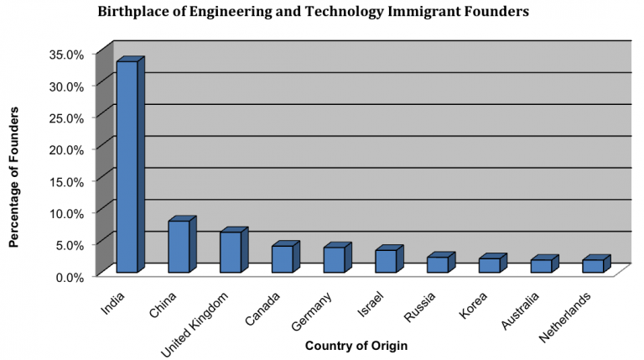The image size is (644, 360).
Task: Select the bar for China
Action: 182,244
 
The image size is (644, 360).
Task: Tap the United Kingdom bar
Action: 234,250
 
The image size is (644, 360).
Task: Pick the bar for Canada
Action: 286,257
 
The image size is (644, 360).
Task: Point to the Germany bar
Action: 338,258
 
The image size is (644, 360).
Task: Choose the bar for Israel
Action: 389,259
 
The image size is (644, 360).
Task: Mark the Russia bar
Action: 441,262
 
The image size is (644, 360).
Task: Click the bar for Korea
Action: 493,263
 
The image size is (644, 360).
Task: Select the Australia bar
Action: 544,263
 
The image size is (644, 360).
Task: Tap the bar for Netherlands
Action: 596,263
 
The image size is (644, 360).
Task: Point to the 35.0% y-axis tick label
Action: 66,55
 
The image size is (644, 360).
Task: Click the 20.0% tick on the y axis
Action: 66,150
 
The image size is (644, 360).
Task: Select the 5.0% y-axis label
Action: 70,245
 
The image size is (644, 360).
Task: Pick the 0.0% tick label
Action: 70,278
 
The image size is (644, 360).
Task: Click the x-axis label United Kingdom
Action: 195,325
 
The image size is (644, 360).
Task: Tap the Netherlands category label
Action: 565,317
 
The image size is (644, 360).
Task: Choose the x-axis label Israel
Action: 371,305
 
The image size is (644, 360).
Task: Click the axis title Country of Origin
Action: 356,346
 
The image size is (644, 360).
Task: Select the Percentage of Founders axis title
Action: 14,177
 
